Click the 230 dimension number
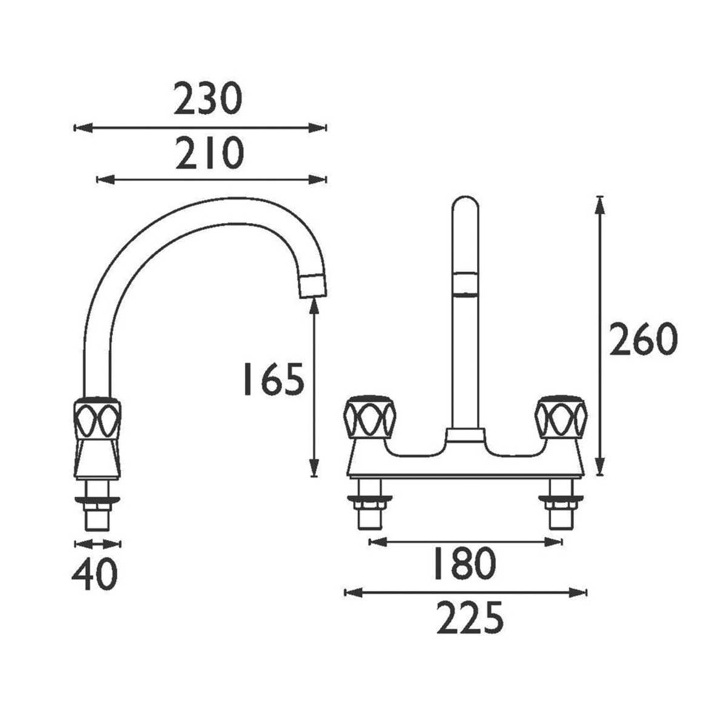point(208,99)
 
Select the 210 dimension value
point(209,154)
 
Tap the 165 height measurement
point(272,380)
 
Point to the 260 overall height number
point(642,340)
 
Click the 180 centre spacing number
point(463,563)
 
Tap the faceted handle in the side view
point(97,418)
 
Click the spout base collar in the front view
point(465,436)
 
